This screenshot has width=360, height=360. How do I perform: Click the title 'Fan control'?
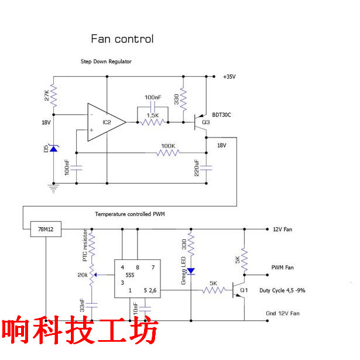tap(122, 39)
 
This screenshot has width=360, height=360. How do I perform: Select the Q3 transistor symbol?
tap(201, 123)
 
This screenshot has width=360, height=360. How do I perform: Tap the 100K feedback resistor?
tap(168, 153)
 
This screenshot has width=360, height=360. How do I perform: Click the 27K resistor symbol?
tap(54, 94)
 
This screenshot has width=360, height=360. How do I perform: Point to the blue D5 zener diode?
tap(54, 149)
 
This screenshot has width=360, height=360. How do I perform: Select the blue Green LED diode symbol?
tap(191, 271)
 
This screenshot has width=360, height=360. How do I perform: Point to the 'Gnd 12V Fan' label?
tap(286, 314)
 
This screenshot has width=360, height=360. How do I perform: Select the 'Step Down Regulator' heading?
tap(106, 61)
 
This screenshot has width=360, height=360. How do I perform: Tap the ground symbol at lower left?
tap(54, 187)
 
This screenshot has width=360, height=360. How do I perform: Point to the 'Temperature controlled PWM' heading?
tap(130, 214)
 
